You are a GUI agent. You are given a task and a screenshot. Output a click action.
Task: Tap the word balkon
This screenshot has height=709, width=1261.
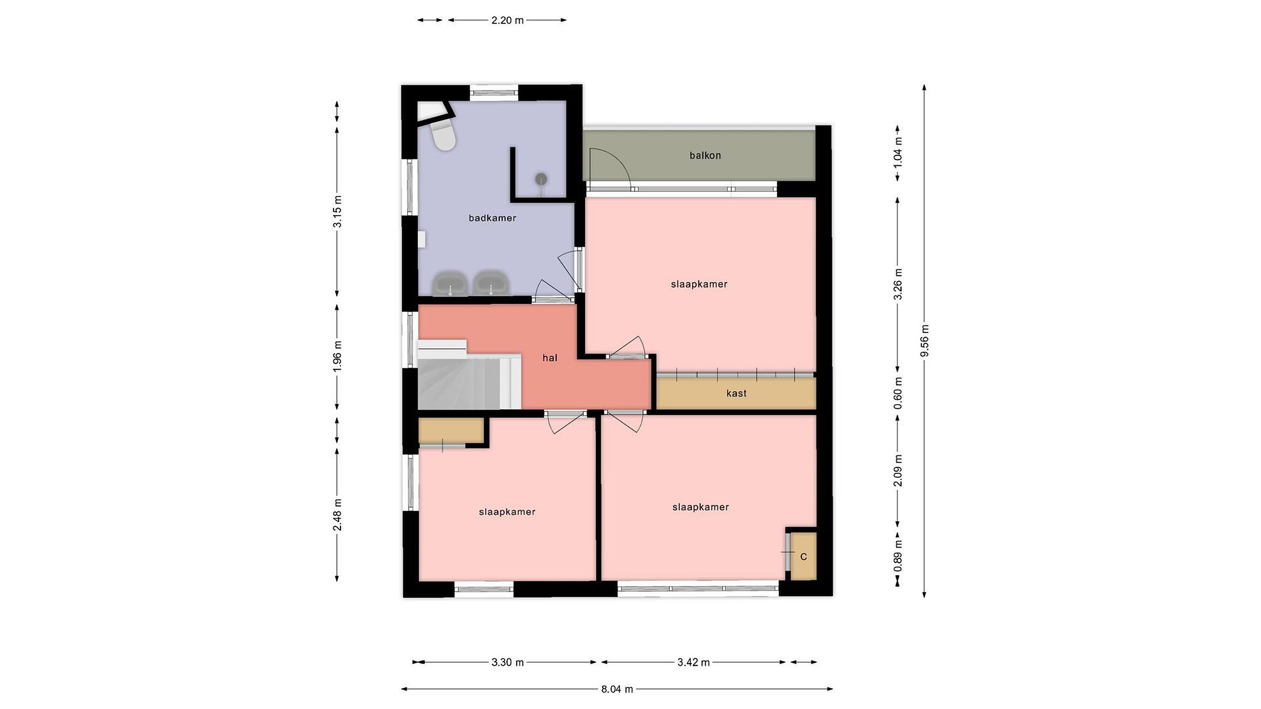click(x=705, y=156)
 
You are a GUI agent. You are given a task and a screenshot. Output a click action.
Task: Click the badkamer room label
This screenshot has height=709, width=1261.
click(x=492, y=218)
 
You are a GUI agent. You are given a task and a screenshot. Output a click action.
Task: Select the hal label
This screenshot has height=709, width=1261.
click(x=550, y=358)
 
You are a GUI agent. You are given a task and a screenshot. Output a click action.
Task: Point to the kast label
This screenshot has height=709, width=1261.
click(x=736, y=393)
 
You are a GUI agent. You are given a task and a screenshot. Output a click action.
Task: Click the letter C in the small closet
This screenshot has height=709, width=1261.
click(x=803, y=557)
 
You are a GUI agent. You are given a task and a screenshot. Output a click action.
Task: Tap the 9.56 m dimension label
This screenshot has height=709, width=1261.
click(x=925, y=340)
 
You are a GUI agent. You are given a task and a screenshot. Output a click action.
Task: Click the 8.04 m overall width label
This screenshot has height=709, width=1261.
click(x=617, y=689)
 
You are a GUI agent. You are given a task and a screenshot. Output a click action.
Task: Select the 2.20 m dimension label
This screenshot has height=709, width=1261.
click(x=507, y=20)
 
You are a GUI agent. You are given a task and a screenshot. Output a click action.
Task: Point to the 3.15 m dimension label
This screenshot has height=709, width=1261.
click(x=337, y=211)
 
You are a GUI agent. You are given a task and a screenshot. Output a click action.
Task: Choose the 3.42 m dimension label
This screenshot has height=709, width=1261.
click(x=694, y=663)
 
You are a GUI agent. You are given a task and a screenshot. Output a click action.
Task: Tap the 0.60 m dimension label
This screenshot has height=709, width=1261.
click(x=898, y=393)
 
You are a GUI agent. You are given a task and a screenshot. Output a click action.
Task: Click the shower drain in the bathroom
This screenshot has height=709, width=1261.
click(x=541, y=179)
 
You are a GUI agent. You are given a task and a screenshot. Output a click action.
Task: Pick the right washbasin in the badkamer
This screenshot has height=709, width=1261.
click(x=491, y=283)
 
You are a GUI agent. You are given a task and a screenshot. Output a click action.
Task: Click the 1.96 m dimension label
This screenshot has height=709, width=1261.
click(x=337, y=356)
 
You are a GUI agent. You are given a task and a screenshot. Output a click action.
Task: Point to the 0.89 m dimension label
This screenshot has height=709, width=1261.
click(x=898, y=556)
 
